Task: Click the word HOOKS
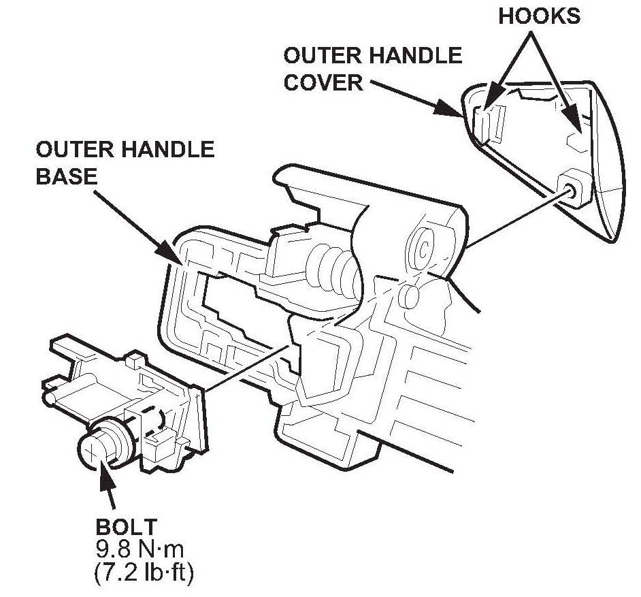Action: (540, 16)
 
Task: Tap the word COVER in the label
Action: (323, 82)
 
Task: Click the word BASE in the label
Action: (66, 176)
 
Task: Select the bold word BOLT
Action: (127, 526)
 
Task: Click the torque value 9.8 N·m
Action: (146, 548)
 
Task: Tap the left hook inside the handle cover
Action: (488, 116)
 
